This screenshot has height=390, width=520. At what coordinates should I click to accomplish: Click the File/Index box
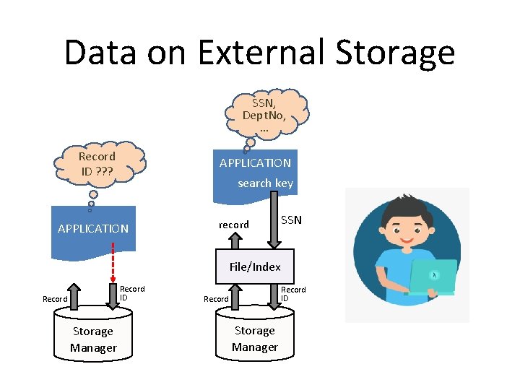tap(255, 266)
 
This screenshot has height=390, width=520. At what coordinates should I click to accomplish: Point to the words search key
tap(265, 183)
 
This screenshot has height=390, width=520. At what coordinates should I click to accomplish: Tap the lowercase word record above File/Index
tap(233, 225)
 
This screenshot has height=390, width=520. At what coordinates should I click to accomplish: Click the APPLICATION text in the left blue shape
tap(93, 228)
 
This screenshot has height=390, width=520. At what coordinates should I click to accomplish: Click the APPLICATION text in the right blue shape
tap(255, 163)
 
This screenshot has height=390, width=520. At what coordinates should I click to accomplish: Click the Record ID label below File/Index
tap(293, 293)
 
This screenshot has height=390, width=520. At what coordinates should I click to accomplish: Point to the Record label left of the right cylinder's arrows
tap(216, 299)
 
